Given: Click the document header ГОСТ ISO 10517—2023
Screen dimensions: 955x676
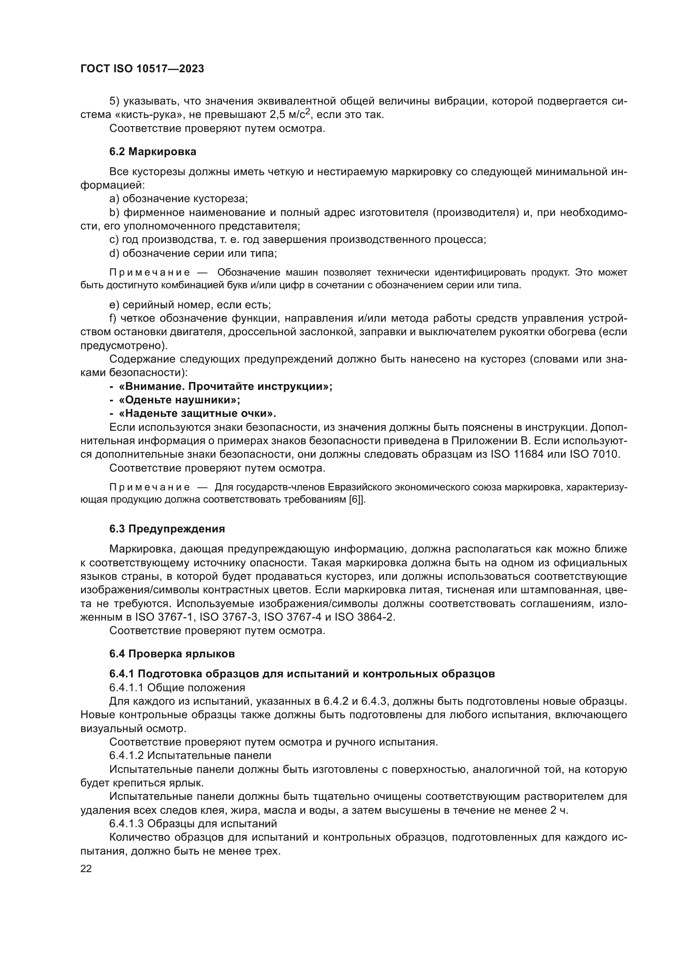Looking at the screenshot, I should pos(142,69).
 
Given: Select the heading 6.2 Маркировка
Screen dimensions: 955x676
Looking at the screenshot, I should pos(152,152).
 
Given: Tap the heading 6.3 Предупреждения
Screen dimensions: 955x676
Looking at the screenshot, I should pos(167,529).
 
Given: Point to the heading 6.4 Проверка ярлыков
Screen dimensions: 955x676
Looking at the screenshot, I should pos(172,654).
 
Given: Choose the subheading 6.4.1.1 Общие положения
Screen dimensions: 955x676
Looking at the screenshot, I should pos(177,687).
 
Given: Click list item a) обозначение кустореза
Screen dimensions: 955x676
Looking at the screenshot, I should pos(179,198).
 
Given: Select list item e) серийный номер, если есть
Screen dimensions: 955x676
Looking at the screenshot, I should pos(190,305).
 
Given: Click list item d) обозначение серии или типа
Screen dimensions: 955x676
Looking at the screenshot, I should pos(193,253).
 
